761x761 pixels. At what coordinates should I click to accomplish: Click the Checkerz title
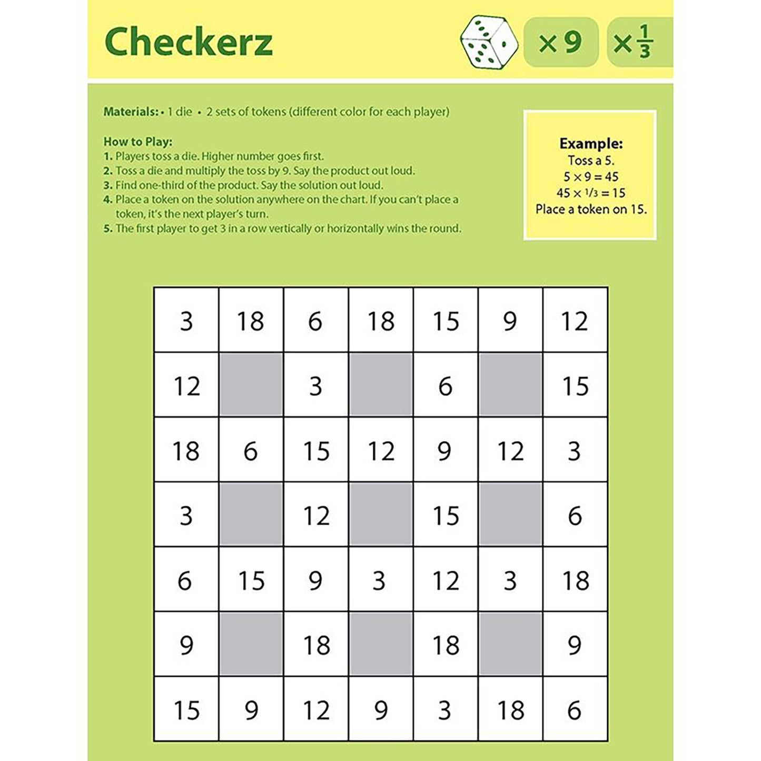click(x=189, y=42)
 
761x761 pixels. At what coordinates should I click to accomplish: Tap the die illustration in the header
click(x=489, y=42)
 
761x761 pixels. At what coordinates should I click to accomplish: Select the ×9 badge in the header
click(x=560, y=42)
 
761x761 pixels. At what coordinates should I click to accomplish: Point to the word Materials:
click(x=131, y=112)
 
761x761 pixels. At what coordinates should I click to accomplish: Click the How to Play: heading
click(x=138, y=142)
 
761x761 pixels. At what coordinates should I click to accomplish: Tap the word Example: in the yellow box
click(x=591, y=143)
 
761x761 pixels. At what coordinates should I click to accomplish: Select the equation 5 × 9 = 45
click(x=591, y=176)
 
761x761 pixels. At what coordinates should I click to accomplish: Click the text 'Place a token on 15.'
click(x=591, y=209)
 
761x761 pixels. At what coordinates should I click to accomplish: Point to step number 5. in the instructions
click(x=108, y=229)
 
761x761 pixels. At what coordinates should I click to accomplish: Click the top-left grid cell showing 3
click(x=186, y=321)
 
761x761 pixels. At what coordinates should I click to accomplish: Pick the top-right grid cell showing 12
click(x=575, y=321)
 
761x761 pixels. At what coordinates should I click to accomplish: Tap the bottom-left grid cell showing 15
click(x=186, y=710)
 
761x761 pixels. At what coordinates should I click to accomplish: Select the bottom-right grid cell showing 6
click(x=575, y=710)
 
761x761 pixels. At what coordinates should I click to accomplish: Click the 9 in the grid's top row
click(x=510, y=321)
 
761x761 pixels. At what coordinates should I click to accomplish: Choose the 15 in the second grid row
click(x=575, y=386)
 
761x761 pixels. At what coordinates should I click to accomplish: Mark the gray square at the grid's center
click(x=381, y=515)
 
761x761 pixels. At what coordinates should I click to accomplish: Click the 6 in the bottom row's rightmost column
click(x=575, y=710)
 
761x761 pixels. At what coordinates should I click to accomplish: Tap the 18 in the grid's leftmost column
click(x=186, y=451)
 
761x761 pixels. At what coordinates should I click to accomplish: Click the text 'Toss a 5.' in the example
click(x=591, y=160)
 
